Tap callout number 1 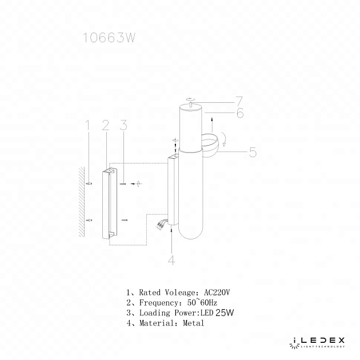87,124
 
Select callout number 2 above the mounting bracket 105,125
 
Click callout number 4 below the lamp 171,261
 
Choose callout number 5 252,153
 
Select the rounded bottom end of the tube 189,231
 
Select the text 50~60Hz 198,302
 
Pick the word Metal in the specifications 194,323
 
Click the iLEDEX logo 315,341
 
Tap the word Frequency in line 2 158,302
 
